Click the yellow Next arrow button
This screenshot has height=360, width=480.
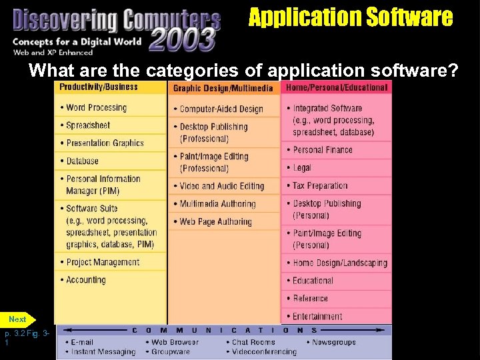coord(19,319)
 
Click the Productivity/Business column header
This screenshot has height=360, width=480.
coord(99,87)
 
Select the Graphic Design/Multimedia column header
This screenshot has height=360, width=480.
coord(223,88)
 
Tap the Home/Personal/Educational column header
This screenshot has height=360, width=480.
coord(337,87)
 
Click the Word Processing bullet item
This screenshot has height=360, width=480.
coord(97,107)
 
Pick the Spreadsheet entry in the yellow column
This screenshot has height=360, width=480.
coord(88,125)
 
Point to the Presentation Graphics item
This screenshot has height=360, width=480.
coord(105,143)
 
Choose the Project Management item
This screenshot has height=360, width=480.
coord(103,263)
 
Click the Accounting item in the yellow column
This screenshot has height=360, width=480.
coord(86,281)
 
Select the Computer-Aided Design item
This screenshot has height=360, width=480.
coord(221,109)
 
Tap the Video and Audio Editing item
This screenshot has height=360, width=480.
coord(221,186)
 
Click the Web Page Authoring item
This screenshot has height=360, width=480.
coord(215,222)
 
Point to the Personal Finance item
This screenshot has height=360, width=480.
coord(323,150)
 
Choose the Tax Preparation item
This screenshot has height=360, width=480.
coord(320,186)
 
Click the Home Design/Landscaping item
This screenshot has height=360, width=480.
coord(340,263)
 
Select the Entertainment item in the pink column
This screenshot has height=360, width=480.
coord(317,317)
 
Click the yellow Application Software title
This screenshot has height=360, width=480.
coord(351,17)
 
